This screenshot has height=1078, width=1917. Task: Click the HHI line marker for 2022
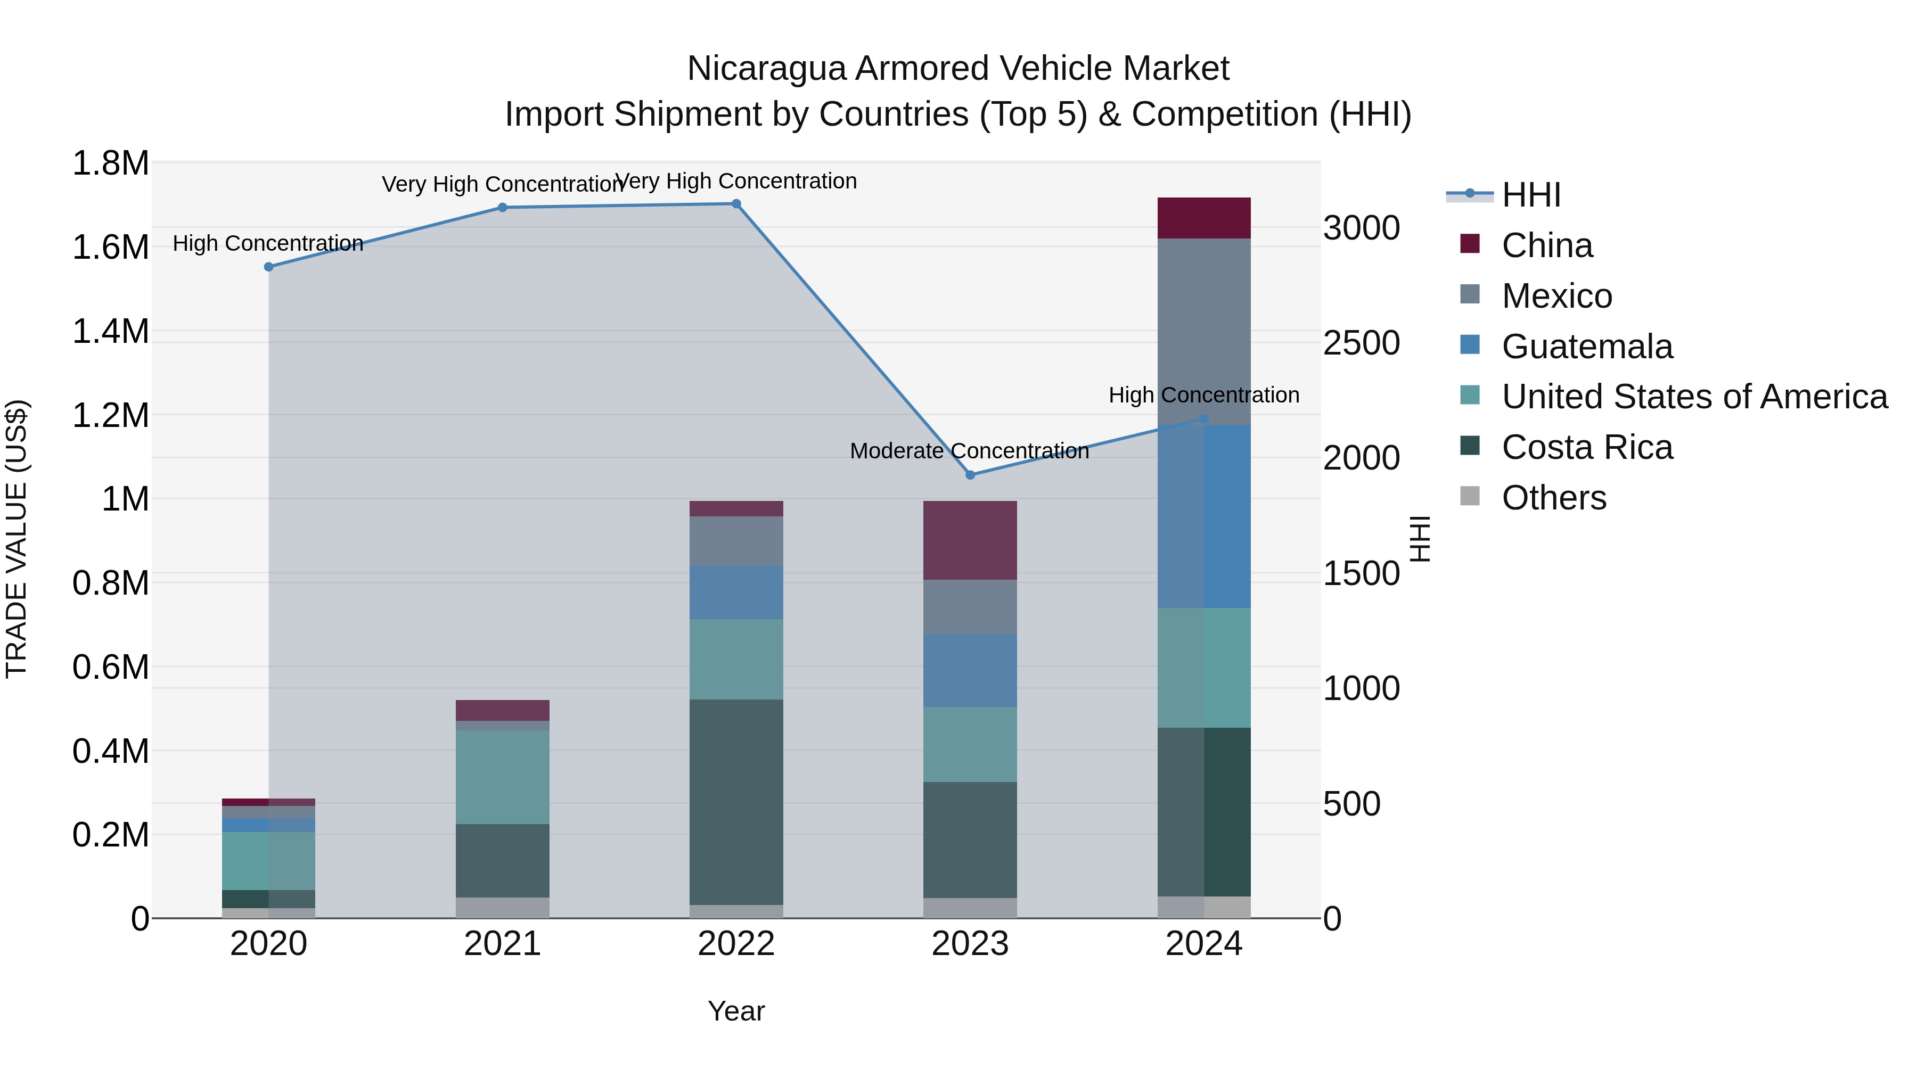click(x=736, y=204)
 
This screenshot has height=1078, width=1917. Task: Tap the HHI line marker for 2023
click(x=970, y=475)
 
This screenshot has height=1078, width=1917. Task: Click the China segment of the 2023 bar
click(x=970, y=540)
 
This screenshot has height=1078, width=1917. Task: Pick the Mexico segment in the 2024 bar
click(x=1203, y=332)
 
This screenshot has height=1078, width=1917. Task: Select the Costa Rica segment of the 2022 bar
click(x=736, y=802)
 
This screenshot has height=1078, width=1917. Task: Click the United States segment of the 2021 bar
click(x=502, y=777)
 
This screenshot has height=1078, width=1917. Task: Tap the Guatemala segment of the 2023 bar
click(x=970, y=670)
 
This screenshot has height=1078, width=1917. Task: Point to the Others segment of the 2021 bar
click(x=502, y=908)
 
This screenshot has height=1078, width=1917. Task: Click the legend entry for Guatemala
click(x=1587, y=347)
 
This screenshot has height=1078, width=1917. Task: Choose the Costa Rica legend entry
click(x=1587, y=448)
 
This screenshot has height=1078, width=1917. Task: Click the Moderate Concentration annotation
click(x=969, y=451)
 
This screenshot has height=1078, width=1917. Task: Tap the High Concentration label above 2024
click(x=1203, y=395)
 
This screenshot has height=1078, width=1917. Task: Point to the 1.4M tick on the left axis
click(x=111, y=331)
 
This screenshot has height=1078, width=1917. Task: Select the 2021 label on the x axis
click(x=502, y=944)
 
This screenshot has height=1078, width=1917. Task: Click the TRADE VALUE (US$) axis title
click(x=17, y=539)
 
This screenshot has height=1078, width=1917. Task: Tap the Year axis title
click(x=736, y=1011)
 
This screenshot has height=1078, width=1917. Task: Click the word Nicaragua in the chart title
click(x=766, y=69)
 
